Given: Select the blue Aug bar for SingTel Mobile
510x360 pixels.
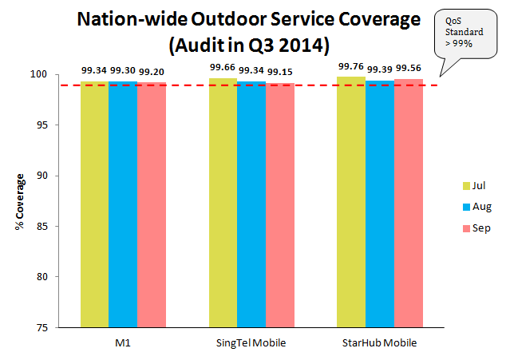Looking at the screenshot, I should pos(251,204).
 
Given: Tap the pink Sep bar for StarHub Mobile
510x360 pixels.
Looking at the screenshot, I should pos(409,204).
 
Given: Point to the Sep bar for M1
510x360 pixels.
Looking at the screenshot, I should pos(151,204).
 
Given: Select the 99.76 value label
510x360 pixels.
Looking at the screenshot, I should pos(351,67).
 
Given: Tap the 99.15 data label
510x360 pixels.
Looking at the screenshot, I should pos(280,72).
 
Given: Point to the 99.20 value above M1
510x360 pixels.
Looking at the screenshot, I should pos(152,72).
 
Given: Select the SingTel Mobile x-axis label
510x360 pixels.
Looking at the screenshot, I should pos(252,343).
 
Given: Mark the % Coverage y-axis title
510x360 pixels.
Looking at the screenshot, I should pos(19,201).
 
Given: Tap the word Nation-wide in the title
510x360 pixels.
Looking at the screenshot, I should pos(136,19).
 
